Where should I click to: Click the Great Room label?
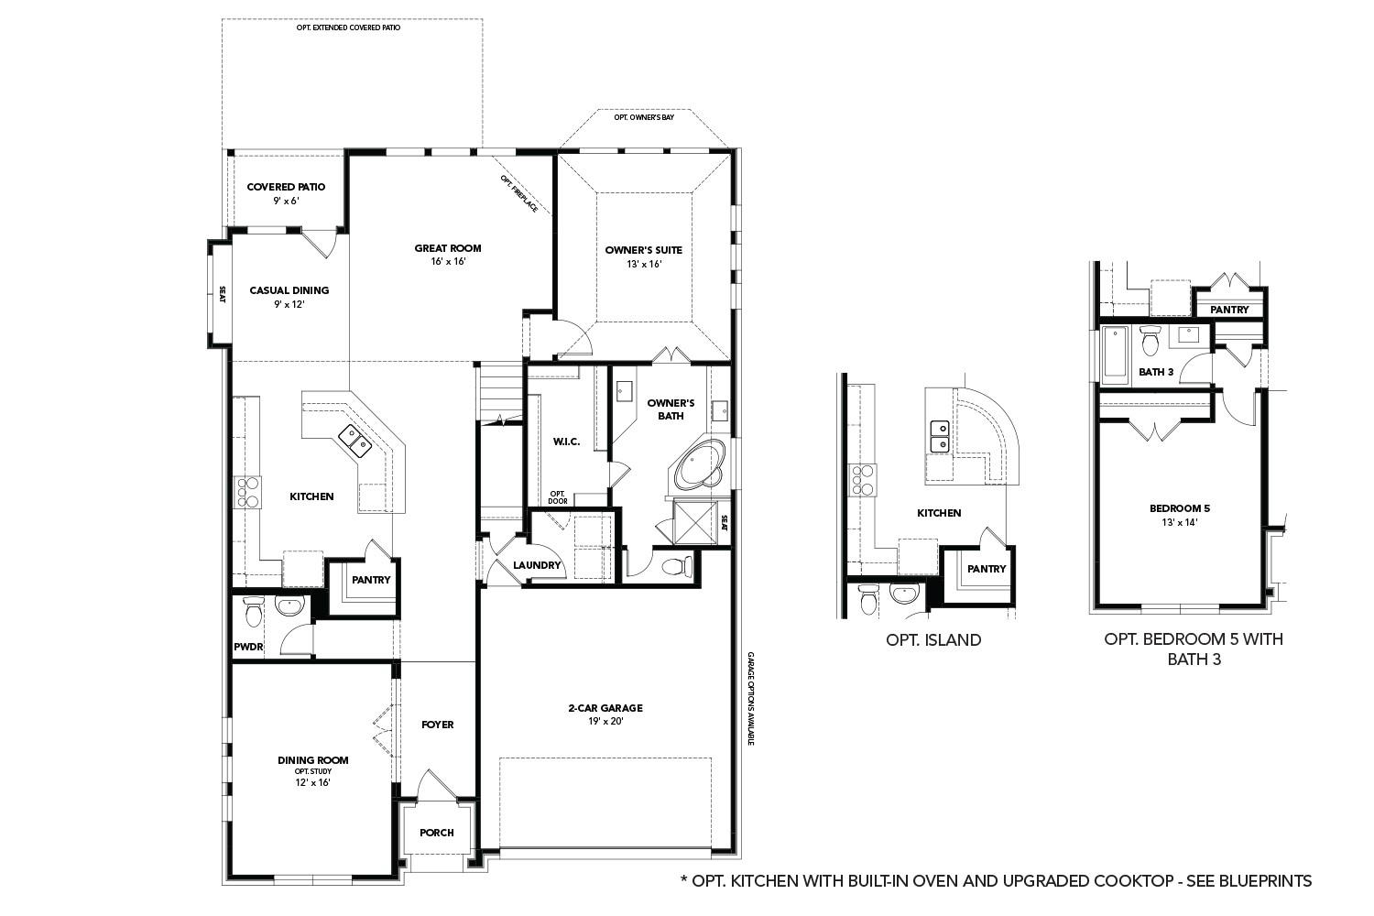coord(447,248)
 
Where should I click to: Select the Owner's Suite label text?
coord(643,250)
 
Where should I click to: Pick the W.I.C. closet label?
coord(566,442)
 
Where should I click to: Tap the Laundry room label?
coord(537,565)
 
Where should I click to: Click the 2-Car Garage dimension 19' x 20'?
coord(605,721)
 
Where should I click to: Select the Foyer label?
coord(437,725)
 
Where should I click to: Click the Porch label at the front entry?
coord(436,833)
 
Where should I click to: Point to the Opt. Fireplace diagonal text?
coord(519,194)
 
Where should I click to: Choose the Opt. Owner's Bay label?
coord(644,118)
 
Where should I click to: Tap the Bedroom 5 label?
coord(1173,508)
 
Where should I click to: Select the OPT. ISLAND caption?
coord(933,640)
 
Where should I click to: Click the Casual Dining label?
coord(289,290)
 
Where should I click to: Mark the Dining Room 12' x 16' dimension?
coord(312,782)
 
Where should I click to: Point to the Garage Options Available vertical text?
coord(750,698)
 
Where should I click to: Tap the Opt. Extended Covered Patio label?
coord(348,28)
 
